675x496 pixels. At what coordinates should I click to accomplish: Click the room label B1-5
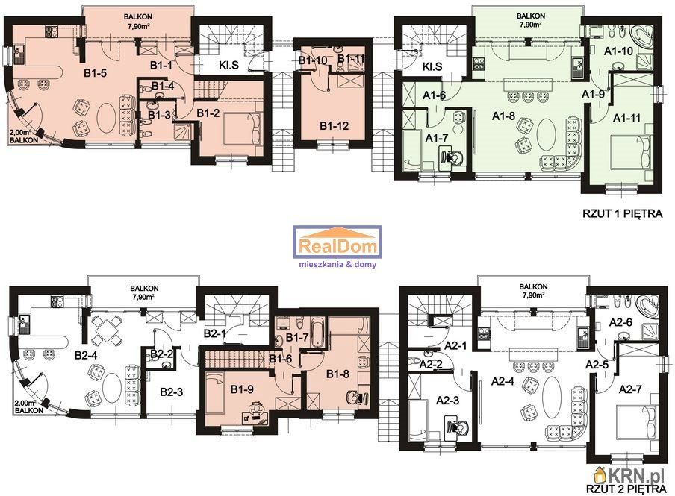coord(95,73)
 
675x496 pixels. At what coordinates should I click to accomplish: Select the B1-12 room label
coord(334,126)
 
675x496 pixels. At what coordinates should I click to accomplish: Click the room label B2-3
coord(171,392)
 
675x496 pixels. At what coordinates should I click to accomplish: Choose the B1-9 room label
coord(242,389)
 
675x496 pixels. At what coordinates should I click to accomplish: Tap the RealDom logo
coord(337,247)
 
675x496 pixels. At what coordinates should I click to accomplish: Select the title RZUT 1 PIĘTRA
coord(623,213)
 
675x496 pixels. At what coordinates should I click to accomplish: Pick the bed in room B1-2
coord(242,129)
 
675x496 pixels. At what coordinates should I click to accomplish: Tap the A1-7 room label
coord(436,138)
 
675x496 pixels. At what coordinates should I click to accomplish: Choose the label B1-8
coord(337,374)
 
